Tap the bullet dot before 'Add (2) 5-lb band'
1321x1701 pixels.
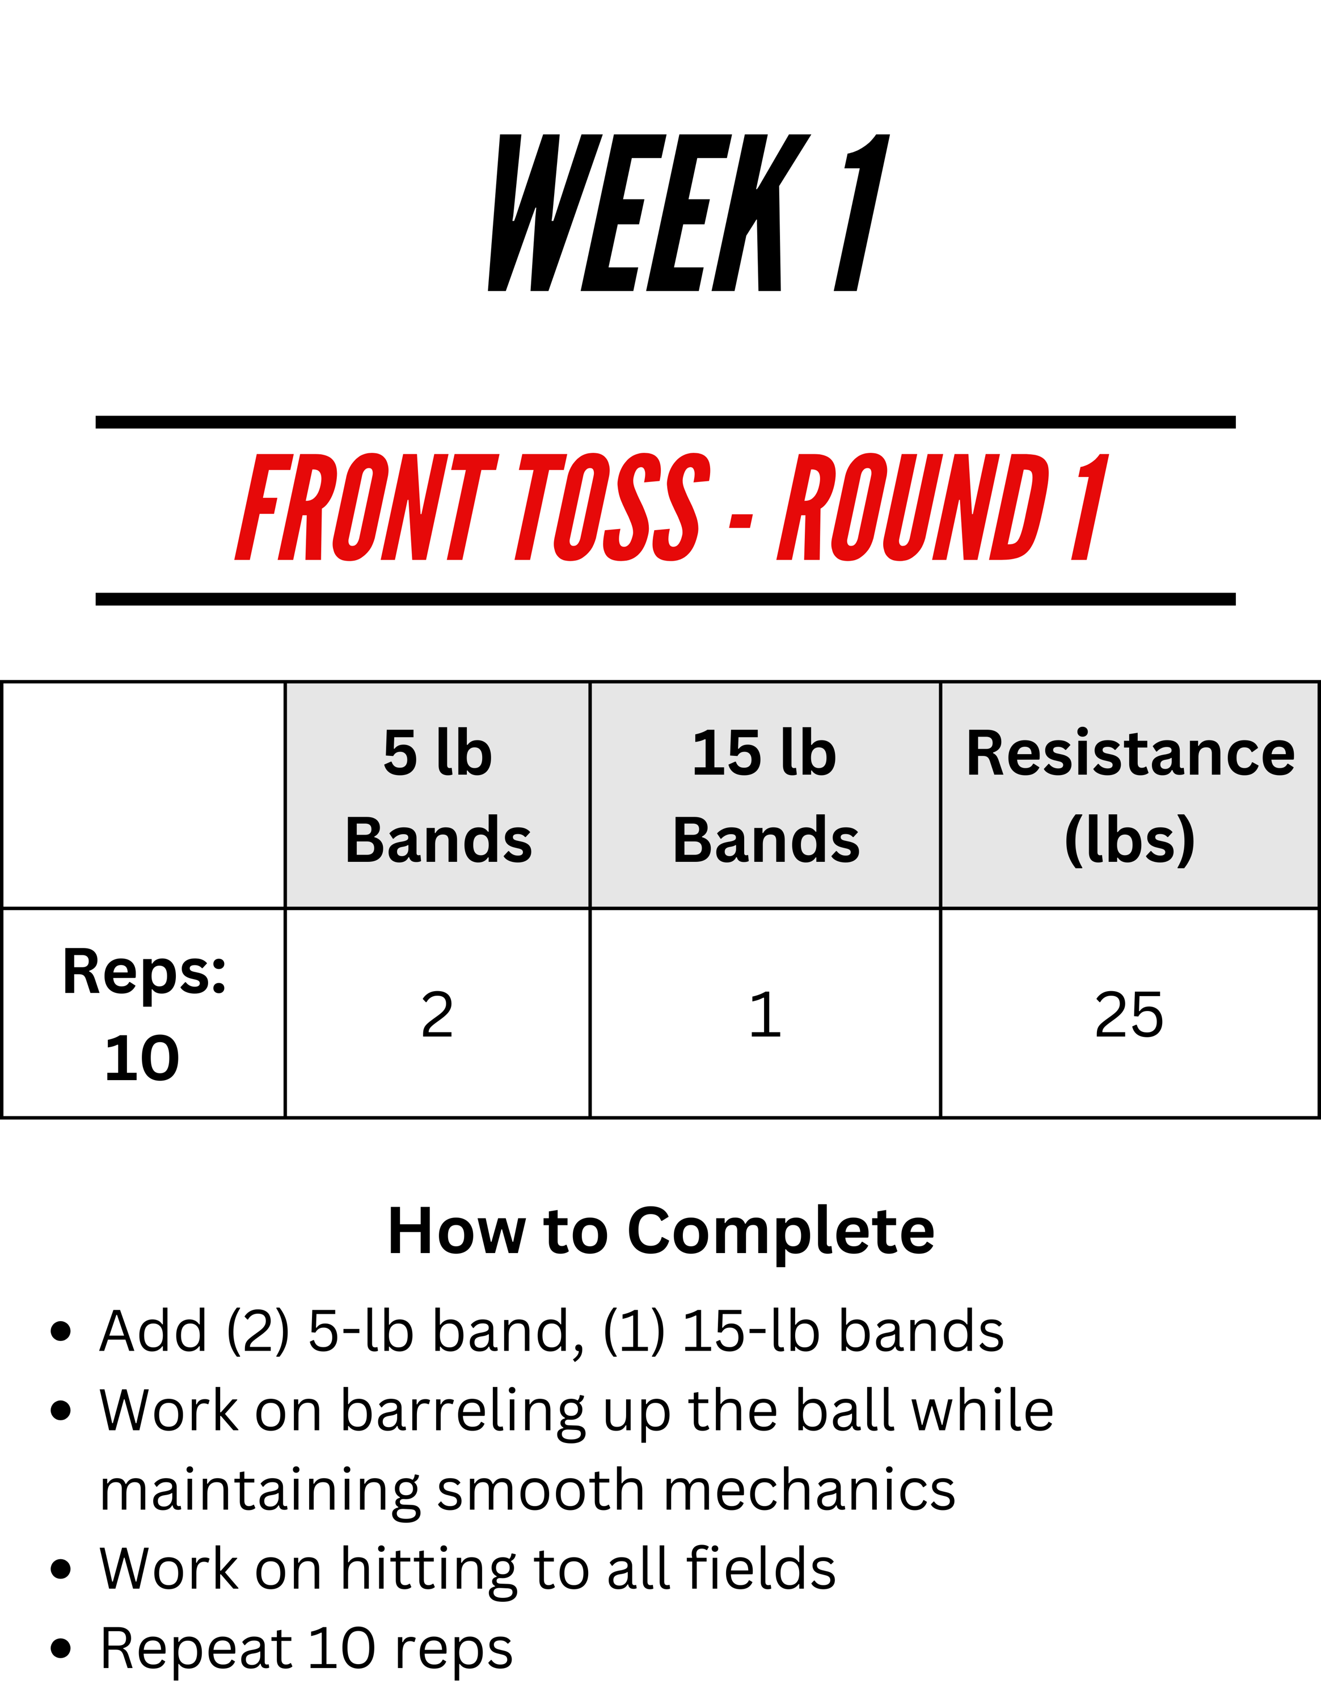pos(61,1332)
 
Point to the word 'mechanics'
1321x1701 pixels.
pos(809,1490)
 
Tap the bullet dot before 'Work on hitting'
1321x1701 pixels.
pos(61,1569)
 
